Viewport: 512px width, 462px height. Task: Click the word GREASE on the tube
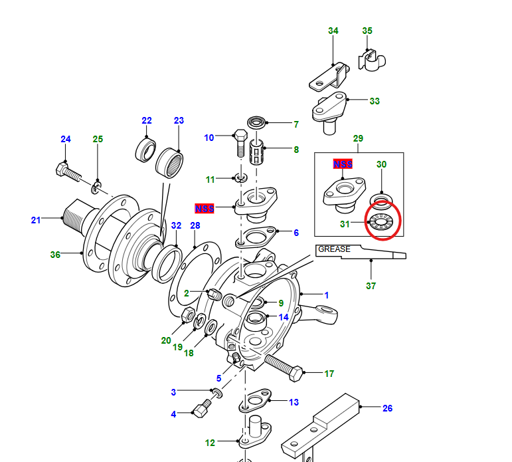click(x=334, y=249)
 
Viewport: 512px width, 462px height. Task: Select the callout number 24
click(x=66, y=139)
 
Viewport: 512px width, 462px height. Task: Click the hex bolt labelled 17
click(x=284, y=368)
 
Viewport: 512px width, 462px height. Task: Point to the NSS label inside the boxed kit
click(x=343, y=164)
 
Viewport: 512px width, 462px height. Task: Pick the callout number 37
click(x=371, y=286)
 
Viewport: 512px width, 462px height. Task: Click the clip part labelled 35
click(x=372, y=60)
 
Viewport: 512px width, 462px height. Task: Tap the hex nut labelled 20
click(x=188, y=314)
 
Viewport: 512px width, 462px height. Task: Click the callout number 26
click(x=387, y=408)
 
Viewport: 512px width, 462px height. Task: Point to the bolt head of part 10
click(x=241, y=134)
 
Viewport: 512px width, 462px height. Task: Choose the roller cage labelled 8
click(x=256, y=152)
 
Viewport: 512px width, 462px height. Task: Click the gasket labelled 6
click(x=256, y=237)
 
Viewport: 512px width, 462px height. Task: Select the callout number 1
click(x=326, y=295)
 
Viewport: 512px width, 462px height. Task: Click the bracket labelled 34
click(x=329, y=77)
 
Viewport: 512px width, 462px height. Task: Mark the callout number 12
click(x=210, y=443)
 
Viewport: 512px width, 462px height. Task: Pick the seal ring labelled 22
click(x=145, y=150)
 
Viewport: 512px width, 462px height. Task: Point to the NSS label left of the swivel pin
click(x=205, y=208)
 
